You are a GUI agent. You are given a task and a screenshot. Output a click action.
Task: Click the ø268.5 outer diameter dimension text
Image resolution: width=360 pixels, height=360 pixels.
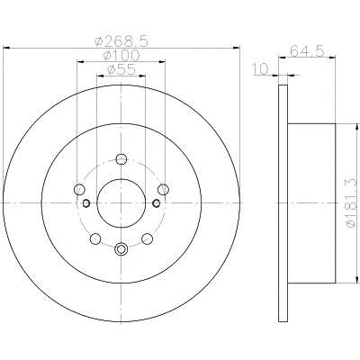(121, 41)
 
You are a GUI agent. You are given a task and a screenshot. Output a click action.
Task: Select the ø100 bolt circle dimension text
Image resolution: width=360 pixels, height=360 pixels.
(121, 56)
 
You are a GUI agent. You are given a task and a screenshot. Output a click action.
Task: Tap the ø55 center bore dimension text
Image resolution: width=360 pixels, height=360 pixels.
(121, 69)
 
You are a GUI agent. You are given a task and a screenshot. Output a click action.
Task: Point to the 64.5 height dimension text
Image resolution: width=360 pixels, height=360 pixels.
(307, 50)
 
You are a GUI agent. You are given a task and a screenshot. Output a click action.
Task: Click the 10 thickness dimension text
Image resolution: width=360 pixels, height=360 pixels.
(260, 69)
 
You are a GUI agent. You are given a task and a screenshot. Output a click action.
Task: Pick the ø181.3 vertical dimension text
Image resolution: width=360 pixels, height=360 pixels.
(352, 203)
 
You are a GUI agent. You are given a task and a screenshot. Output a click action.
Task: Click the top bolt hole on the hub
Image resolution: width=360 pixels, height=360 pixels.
(121, 159)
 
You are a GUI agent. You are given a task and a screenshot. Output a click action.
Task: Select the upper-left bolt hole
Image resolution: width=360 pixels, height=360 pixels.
(79, 189)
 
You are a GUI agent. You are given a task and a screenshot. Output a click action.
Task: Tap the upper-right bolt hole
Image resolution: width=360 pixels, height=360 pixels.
(164, 189)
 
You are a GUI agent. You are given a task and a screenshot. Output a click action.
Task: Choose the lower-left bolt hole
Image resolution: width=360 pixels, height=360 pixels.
(95, 238)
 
